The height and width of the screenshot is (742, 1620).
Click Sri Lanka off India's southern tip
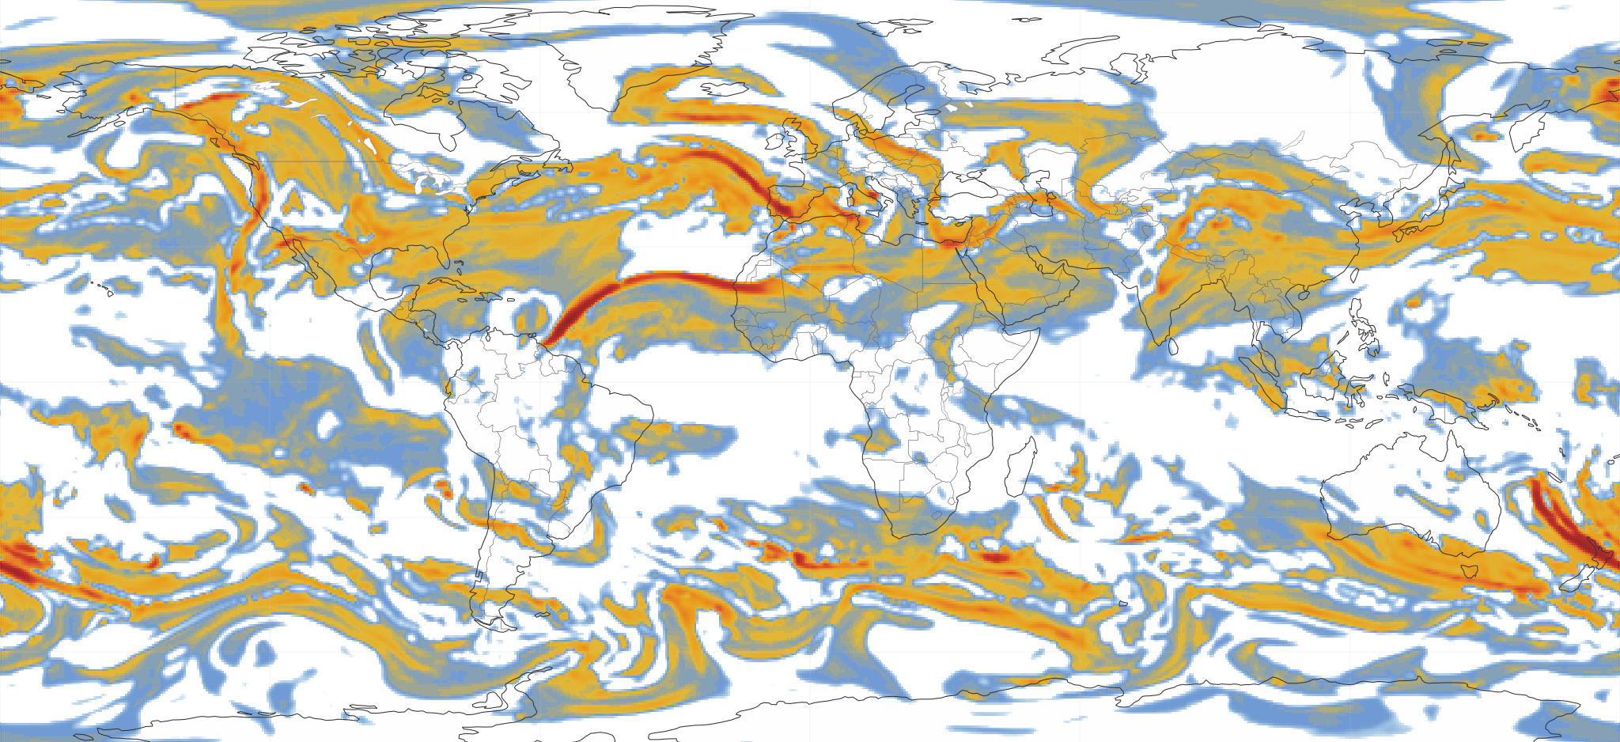(x=1173, y=346)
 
